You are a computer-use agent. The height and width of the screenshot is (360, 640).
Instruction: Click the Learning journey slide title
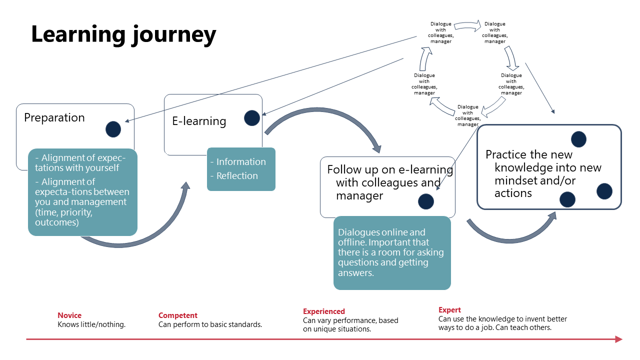[x=123, y=34]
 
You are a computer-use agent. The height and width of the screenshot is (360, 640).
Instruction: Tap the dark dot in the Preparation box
[x=113, y=129]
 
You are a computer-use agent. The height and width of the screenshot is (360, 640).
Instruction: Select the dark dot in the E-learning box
[x=252, y=118]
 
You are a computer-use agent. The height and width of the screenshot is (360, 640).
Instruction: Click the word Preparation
[x=54, y=118]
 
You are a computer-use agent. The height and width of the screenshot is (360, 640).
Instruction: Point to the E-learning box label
[x=199, y=121]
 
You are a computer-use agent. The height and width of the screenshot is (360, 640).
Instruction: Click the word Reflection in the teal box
[x=237, y=176]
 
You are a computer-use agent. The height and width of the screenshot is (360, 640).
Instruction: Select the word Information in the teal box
[x=241, y=162]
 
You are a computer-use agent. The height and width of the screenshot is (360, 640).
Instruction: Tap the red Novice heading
[x=69, y=315]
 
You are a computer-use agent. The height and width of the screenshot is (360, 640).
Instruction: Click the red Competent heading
[x=178, y=315]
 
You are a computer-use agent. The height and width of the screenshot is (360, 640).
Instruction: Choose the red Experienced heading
[x=324, y=311]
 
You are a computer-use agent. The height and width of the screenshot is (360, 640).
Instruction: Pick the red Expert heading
[x=449, y=310]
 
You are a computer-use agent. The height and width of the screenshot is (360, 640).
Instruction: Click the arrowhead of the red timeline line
[x=618, y=339]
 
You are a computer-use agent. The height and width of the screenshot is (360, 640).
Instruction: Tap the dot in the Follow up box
[x=426, y=201]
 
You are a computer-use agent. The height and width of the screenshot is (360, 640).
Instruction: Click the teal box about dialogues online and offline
[x=392, y=253]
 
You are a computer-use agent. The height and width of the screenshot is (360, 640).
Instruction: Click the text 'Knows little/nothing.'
[x=91, y=324]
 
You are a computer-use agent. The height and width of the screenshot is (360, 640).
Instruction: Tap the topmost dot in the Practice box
[x=578, y=139]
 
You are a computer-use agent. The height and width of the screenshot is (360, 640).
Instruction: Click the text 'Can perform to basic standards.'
[x=210, y=324]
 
